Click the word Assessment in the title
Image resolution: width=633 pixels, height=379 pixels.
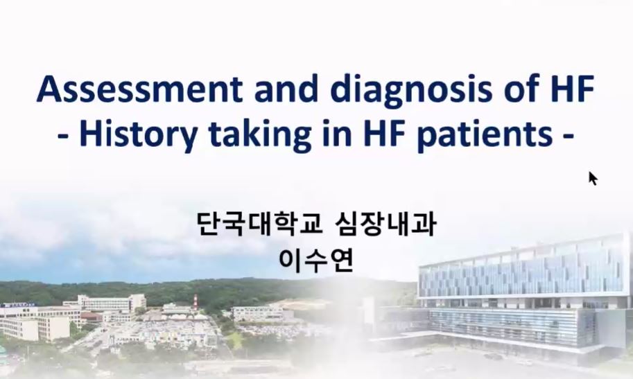(x=139, y=89)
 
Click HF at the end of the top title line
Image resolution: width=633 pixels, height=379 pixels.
(x=573, y=89)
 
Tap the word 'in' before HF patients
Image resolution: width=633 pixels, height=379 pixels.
(x=332, y=133)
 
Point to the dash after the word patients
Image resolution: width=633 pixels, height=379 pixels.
(x=568, y=136)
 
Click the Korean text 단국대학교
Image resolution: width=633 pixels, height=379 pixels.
(x=260, y=224)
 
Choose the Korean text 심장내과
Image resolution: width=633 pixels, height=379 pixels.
(x=385, y=224)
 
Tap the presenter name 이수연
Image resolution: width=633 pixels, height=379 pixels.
(x=316, y=261)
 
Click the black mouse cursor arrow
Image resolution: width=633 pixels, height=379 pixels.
(x=592, y=178)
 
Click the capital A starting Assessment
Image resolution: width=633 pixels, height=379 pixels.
(x=50, y=89)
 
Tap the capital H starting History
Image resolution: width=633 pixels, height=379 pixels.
(x=92, y=134)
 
